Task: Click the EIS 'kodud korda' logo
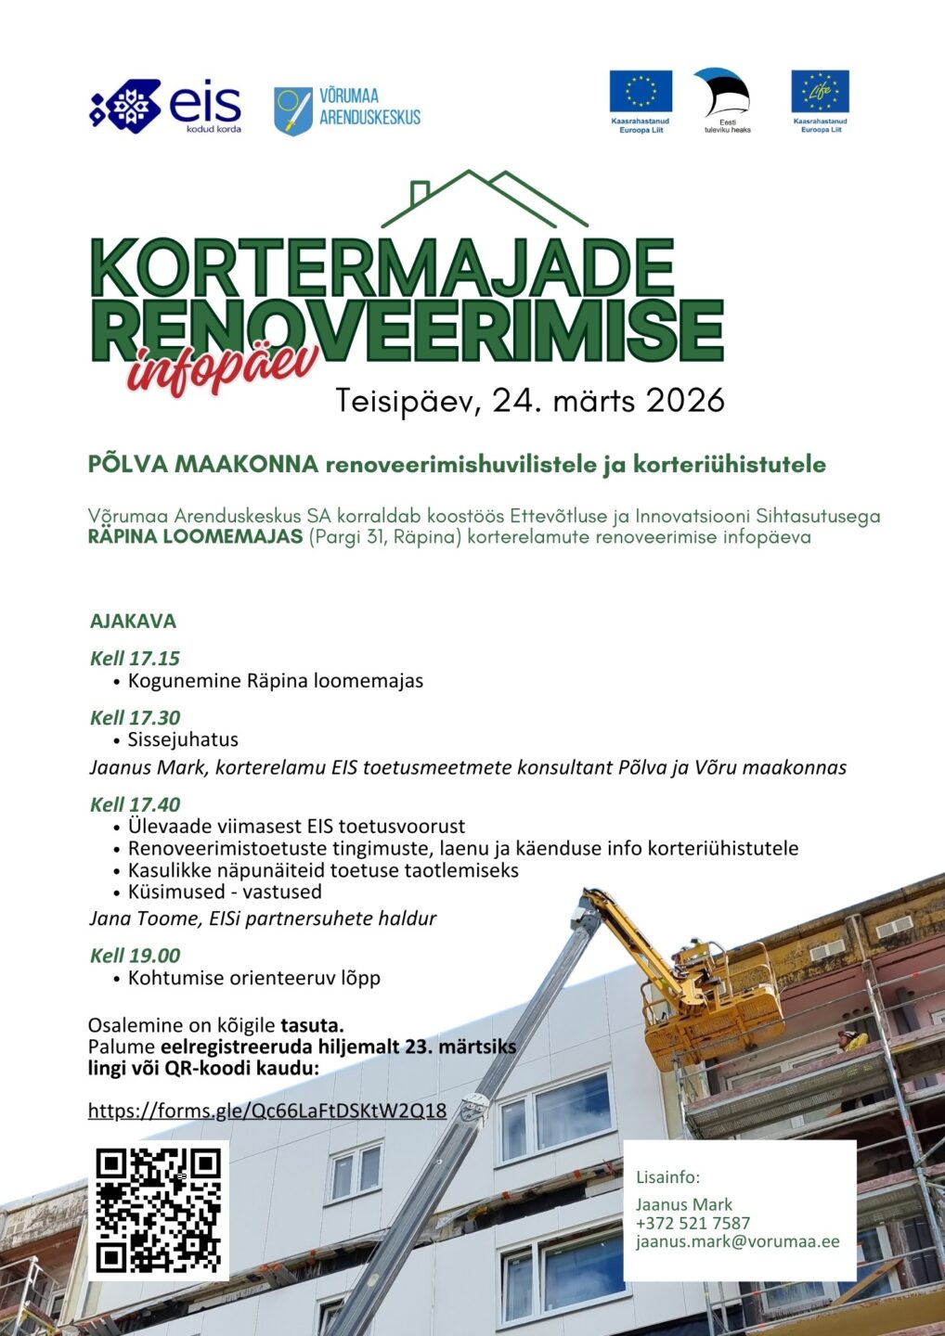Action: [x=165, y=106]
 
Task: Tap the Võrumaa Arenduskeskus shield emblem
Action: [x=292, y=111]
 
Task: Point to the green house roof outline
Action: [x=484, y=199]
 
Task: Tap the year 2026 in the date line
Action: [x=685, y=401]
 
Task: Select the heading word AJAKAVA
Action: [x=133, y=621]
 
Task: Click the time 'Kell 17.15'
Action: [x=135, y=658]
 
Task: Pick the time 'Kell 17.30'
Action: [x=135, y=717]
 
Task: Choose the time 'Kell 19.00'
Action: [x=135, y=956]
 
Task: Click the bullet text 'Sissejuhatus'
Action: [x=183, y=739]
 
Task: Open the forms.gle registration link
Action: [x=267, y=1111]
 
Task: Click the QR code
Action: [x=159, y=1210]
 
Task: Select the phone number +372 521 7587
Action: [x=693, y=1223]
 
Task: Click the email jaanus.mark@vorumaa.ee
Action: [x=737, y=1241]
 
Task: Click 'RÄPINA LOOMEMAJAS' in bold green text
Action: [x=195, y=537]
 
